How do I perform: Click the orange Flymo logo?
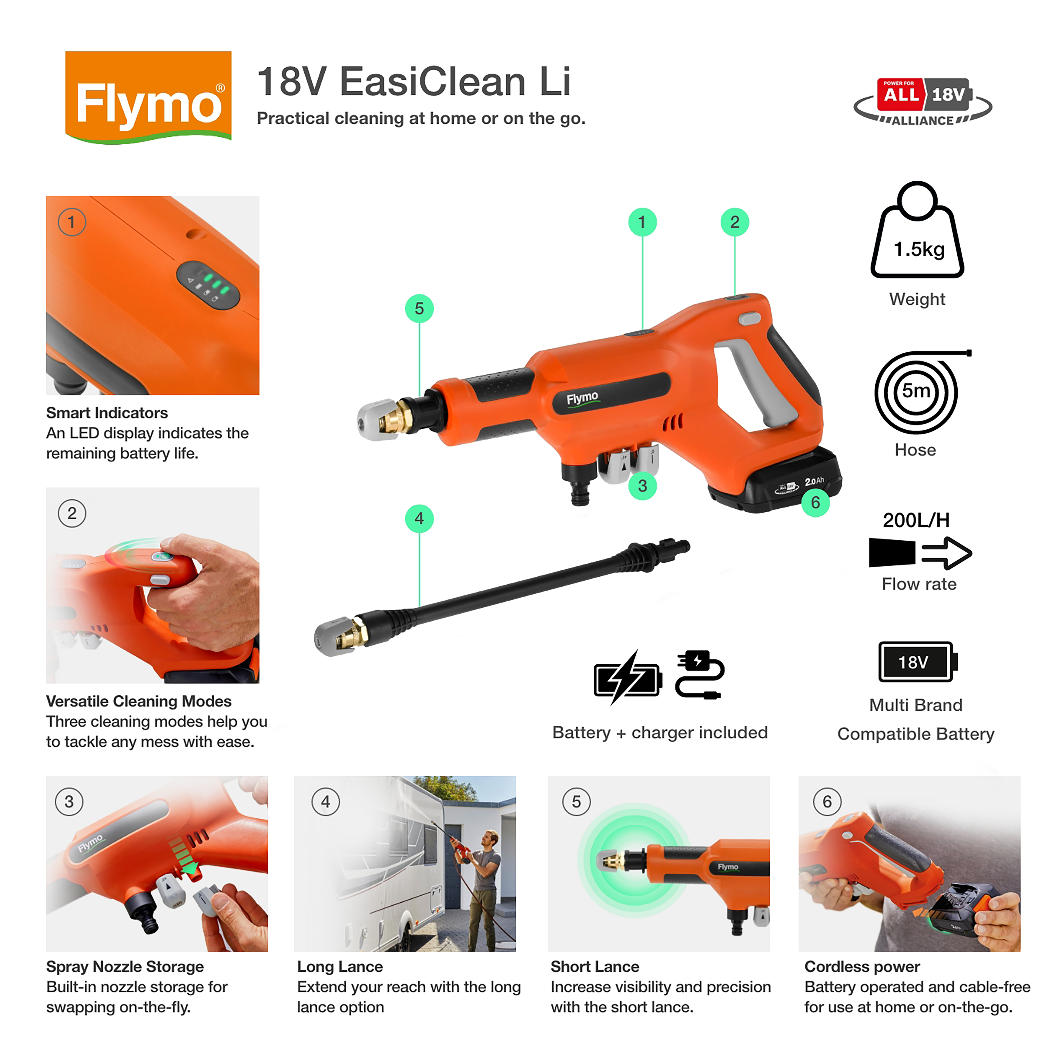point(148,97)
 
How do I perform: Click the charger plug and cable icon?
point(699,675)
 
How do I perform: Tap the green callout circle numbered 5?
point(419,309)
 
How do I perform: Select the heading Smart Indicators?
point(107,413)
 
